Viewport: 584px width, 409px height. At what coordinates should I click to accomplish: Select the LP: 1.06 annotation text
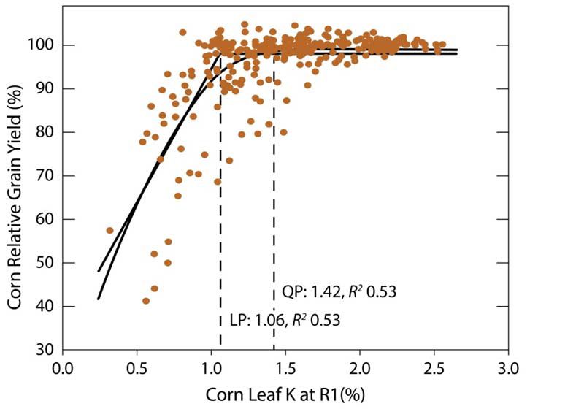(x=280, y=320)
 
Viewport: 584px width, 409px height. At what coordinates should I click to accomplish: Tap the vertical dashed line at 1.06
(x=220, y=219)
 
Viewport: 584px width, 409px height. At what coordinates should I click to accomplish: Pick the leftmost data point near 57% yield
(x=109, y=230)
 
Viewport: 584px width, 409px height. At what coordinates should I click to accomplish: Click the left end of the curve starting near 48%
(x=99, y=271)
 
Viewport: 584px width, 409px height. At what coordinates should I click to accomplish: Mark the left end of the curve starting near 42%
(x=99, y=298)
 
